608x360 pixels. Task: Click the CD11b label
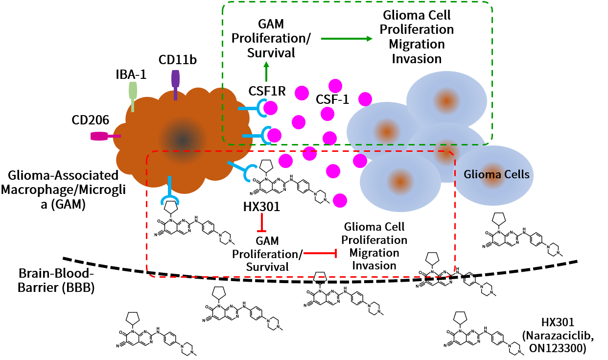(x=177, y=60)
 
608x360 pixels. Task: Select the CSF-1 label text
(x=332, y=99)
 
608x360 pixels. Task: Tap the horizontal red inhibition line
(x=321, y=253)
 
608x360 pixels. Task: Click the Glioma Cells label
(x=496, y=174)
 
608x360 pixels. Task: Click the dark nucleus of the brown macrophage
(x=182, y=140)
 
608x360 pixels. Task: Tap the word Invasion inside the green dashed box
(x=416, y=59)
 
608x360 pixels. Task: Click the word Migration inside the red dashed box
(x=374, y=253)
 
